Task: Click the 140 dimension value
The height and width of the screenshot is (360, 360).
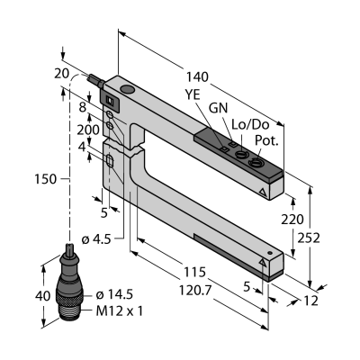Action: point(197,77)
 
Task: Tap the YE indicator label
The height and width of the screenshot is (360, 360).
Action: point(193,95)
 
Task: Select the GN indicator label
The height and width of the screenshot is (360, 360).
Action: point(218,108)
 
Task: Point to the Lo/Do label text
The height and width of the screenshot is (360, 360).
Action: point(251,125)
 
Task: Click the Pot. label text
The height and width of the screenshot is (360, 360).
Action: point(266,140)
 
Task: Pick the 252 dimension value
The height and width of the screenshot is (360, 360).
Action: point(309,238)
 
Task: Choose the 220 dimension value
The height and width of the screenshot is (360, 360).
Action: point(292,220)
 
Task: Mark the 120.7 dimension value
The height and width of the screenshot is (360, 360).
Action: point(195,290)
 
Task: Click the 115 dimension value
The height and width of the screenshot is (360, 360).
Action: point(194,272)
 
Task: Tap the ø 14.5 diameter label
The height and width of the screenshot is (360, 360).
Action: point(114,295)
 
